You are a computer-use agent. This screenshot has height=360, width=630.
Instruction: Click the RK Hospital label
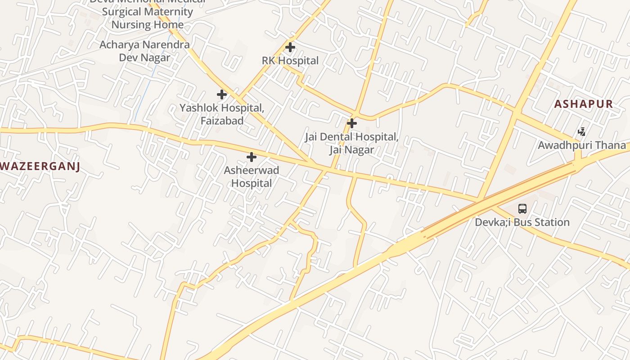point(290,61)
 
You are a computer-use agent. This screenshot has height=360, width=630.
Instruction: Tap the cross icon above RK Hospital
point(290,47)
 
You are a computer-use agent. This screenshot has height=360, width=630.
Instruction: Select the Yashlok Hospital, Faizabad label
point(222,114)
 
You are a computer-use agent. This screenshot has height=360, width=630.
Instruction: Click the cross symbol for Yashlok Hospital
point(222,94)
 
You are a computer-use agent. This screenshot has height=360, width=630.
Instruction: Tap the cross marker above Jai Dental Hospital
point(352,123)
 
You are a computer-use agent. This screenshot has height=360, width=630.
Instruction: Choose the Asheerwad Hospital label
point(252,177)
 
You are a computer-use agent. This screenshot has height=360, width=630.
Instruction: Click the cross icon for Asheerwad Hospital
point(252,157)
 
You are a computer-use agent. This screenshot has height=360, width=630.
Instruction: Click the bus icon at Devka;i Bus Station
point(522,209)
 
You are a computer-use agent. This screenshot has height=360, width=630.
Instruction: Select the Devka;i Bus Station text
point(522,222)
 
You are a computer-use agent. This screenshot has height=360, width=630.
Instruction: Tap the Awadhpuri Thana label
point(582,145)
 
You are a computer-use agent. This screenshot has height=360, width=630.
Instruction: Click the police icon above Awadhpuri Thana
point(582,132)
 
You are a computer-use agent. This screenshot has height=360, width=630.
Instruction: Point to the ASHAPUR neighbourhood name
point(583,104)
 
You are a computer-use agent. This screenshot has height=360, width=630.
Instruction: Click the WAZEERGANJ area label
point(40,166)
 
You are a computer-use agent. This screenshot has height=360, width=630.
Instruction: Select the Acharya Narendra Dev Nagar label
point(144,51)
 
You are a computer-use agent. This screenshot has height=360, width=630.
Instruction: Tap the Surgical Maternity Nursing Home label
point(148,18)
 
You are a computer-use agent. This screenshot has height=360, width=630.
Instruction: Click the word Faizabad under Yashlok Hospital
point(222,121)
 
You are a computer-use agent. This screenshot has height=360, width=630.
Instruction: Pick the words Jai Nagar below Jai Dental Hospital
point(351,150)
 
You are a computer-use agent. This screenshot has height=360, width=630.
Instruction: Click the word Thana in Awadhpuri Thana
point(611,145)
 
